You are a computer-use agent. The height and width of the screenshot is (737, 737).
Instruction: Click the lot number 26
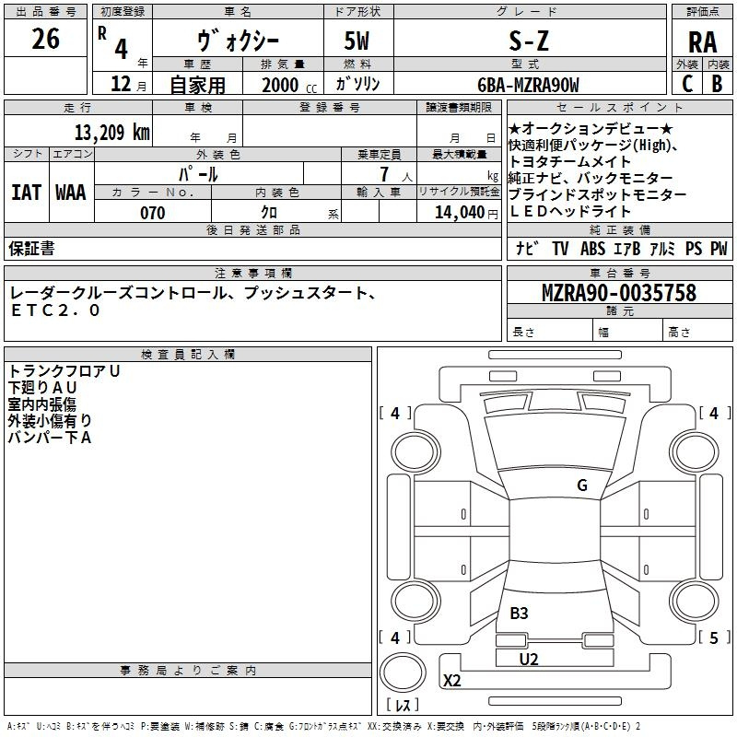(x=45, y=39)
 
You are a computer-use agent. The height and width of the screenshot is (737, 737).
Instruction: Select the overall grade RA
(x=702, y=42)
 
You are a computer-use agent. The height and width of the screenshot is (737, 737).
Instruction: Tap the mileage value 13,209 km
(x=112, y=132)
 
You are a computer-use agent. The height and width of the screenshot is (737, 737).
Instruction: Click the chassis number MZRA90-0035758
(x=619, y=292)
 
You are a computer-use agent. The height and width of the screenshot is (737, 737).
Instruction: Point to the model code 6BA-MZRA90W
(x=528, y=85)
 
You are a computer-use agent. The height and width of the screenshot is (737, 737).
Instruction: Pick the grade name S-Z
(x=529, y=41)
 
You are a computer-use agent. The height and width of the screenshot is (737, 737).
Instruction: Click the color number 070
(x=153, y=213)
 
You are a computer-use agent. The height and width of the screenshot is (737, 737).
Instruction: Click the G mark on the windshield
(x=582, y=485)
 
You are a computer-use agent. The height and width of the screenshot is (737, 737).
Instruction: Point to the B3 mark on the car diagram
(x=519, y=613)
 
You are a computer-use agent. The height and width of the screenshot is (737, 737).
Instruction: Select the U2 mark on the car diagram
(x=529, y=660)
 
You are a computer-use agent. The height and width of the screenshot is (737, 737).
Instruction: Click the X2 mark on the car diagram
(x=452, y=680)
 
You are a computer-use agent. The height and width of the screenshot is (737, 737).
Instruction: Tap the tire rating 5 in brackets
(x=714, y=638)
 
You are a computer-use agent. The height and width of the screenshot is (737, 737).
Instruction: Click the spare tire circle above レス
(x=403, y=673)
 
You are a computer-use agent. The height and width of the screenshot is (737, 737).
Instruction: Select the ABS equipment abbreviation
(x=592, y=248)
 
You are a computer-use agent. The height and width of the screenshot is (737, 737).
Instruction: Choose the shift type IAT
(x=27, y=193)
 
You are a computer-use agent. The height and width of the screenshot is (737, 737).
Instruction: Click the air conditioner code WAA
(x=71, y=193)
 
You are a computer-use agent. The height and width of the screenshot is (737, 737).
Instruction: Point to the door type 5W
(x=357, y=41)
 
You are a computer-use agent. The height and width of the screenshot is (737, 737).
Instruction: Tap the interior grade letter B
(x=717, y=84)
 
